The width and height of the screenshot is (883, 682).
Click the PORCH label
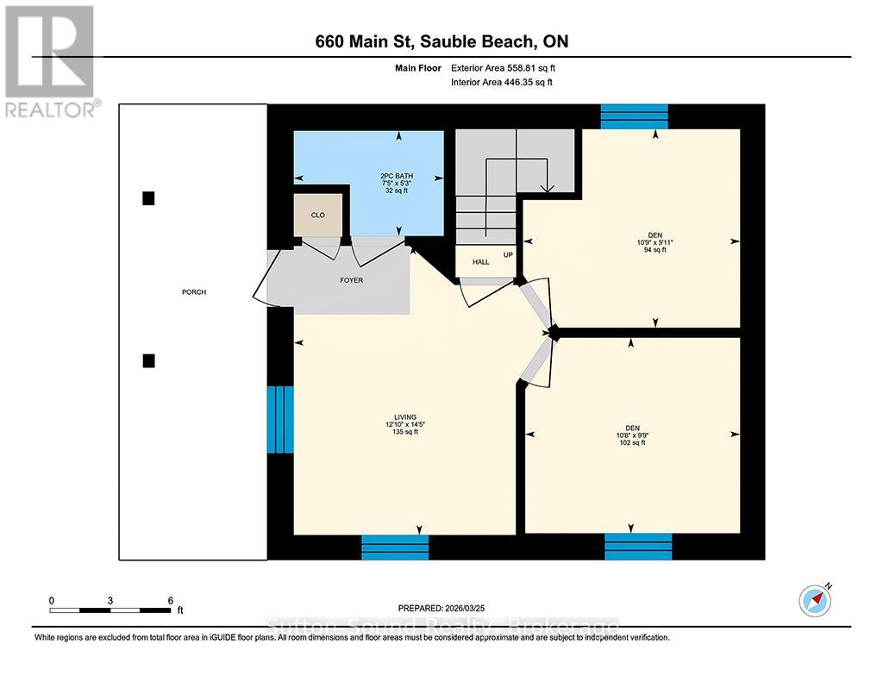coord(193,292)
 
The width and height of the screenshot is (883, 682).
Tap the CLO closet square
coord(318,215)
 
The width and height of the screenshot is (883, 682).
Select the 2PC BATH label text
coord(398,184)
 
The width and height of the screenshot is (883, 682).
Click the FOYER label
coord(349,280)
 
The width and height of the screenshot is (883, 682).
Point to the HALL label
coord(480,262)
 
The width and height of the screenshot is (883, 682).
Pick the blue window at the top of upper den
coord(634,116)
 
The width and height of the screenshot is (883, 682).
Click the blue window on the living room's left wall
coord(280,419)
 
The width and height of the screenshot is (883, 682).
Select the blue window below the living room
coord(394,547)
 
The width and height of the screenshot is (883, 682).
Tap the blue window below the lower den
coord(637,547)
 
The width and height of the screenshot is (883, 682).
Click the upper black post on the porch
coord(148,198)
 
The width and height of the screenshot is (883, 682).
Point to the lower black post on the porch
coord(148,360)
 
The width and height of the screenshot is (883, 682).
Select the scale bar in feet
coord(111,610)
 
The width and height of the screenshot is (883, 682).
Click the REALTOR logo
coord(50,60)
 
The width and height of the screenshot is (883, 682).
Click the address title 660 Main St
coord(440,41)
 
